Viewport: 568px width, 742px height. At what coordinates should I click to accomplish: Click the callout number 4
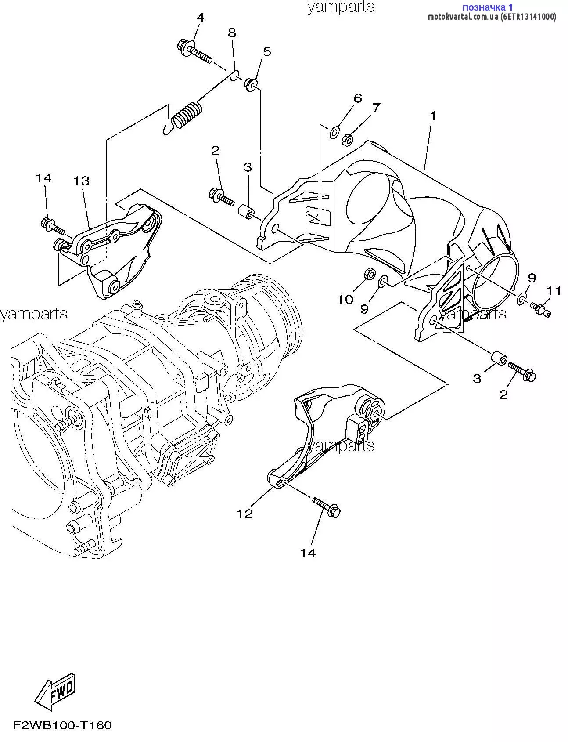coord(200,18)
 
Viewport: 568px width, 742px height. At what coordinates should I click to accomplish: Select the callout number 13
coord(81,181)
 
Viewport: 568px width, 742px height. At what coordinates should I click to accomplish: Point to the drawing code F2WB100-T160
coord(62,725)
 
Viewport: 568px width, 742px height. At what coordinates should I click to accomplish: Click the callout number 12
coord(245,513)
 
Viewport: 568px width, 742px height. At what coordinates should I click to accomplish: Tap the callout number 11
coord(554,290)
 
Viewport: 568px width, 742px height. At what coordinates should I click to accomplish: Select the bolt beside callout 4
coord(194,51)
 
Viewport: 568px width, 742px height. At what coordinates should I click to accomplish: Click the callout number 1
coord(433,116)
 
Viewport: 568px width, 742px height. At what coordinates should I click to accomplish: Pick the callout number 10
coord(345,299)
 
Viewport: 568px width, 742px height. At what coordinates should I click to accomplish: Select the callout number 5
coord(267,51)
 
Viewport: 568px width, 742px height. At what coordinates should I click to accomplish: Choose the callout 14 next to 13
coord(43,178)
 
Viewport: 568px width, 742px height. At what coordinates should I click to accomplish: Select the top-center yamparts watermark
coord(341,7)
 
